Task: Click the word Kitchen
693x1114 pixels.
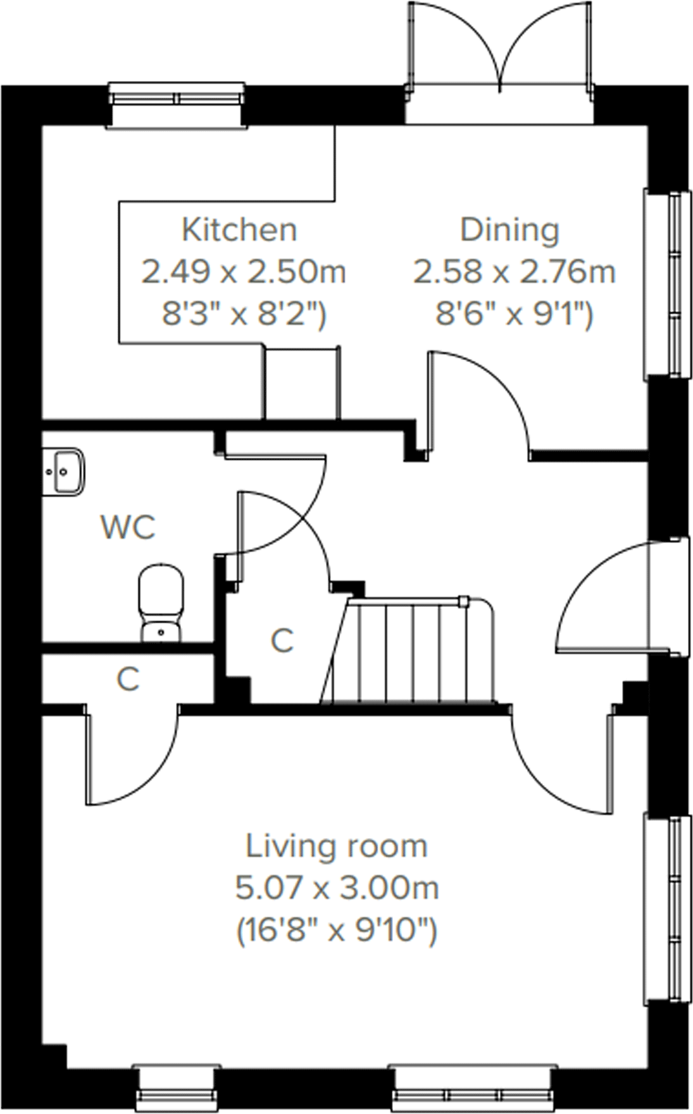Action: (x=239, y=230)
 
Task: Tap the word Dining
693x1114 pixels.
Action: (x=509, y=230)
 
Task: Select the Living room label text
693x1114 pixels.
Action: (x=336, y=846)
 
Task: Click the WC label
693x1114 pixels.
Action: (x=128, y=527)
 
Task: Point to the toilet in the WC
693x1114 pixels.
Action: (x=161, y=602)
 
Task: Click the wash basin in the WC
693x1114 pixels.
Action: (x=63, y=471)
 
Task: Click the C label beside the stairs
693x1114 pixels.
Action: (x=282, y=641)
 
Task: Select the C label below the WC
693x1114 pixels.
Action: (x=128, y=679)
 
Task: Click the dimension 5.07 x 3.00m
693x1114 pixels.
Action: (x=337, y=888)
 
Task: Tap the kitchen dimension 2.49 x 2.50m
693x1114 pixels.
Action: (x=244, y=272)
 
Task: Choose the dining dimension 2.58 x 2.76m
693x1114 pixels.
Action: (x=514, y=272)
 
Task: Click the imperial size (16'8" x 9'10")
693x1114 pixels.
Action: (x=337, y=930)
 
